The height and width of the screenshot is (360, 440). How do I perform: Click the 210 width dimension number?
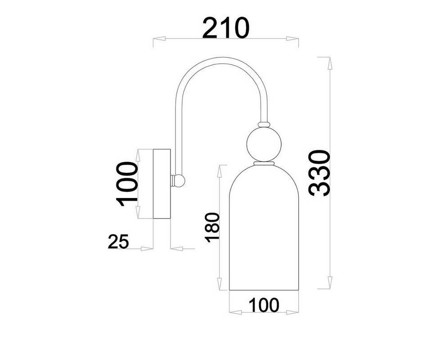tap(225, 28)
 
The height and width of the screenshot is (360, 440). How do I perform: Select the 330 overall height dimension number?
tap(319, 173)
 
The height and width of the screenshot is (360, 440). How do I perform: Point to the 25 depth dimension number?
tap(118, 241)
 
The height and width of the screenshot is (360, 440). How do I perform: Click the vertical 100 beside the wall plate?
tap(127, 184)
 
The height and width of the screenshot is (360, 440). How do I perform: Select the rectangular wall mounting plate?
tap(162, 184)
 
